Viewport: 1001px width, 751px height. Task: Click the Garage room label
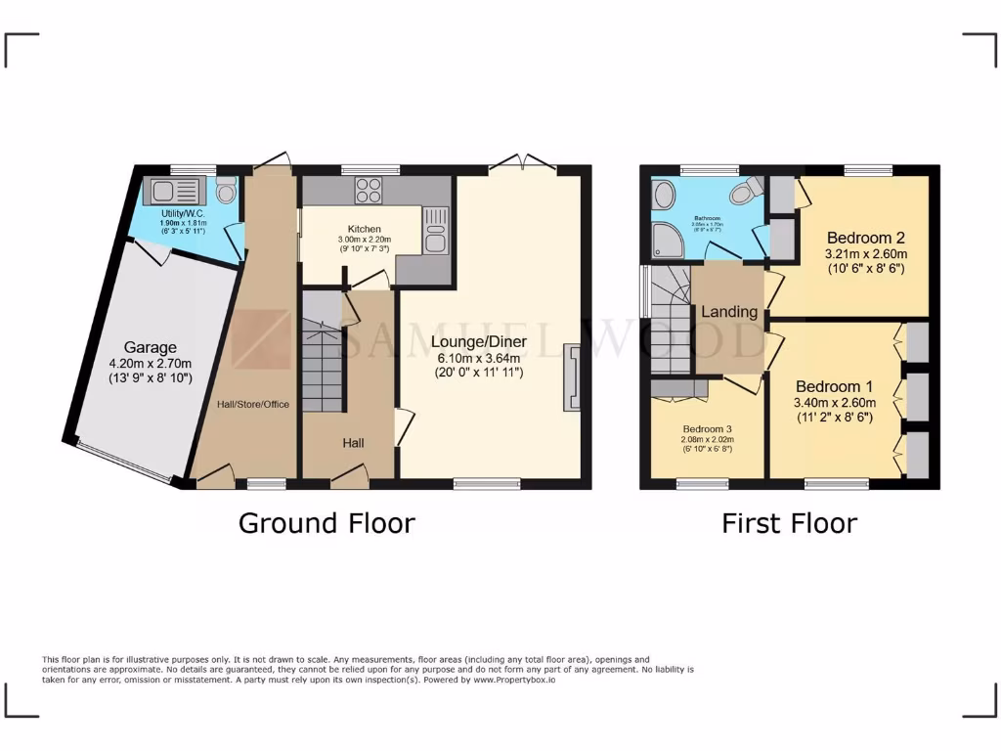(x=150, y=347)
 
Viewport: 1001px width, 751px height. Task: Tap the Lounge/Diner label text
(x=478, y=342)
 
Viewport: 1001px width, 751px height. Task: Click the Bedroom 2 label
(x=865, y=238)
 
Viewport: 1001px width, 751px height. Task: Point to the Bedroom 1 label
(x=834, y=386)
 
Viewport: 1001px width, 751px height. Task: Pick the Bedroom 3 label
(x=707, y=429)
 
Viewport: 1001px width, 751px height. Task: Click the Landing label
(x=729, y=312)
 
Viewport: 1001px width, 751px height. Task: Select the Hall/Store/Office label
(x=252, y=404)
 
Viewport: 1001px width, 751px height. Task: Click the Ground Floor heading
(x=326, y=523)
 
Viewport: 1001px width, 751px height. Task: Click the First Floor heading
(x=789, y=523)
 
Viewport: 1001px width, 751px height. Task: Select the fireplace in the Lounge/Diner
(x=572, y=376)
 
